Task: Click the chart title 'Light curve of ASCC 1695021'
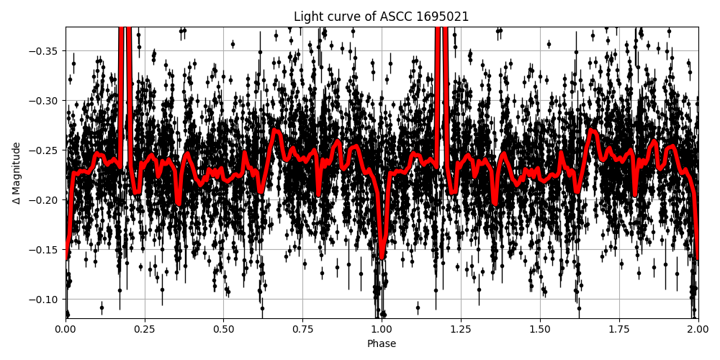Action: [x=381, y=17]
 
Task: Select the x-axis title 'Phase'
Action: [x=382, y=344]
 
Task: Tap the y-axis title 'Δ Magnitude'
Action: [x=16, y=173]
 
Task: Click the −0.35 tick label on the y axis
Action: [x=45, y=51]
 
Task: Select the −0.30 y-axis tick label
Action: [x=45, y=101]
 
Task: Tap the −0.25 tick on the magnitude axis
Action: [x=45, y=150]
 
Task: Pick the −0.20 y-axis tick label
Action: [x=45, y=200]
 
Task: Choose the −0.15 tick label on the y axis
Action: [x=45, y=250]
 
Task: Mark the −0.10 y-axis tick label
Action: [x=45, y=300]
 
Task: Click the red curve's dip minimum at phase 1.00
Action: [x=382, y=257]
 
